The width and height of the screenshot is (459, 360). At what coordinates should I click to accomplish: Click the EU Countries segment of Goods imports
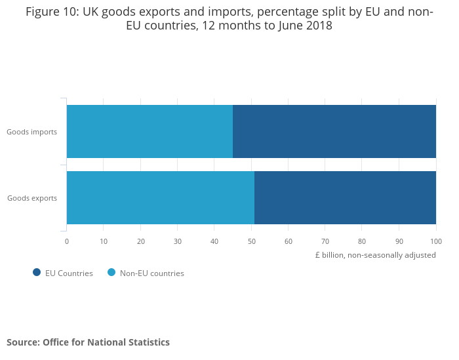(x=334, y=131)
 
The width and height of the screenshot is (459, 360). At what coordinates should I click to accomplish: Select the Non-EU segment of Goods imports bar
(x=150, y=131)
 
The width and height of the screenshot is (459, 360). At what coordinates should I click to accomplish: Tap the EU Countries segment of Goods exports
(x=345, y=197)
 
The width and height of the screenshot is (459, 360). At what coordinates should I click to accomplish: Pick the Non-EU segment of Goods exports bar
(x=161, y=197)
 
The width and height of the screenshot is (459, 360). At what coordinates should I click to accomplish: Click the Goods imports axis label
(x=31, y=132)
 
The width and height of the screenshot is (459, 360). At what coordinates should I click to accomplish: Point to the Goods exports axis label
(x=31, y=198)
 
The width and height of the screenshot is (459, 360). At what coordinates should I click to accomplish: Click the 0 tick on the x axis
(x=67, y=241)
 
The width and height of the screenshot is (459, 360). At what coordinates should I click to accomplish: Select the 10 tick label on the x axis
(x=104, y=241)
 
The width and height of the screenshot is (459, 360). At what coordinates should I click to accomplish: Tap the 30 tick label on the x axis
(x=178, y=241)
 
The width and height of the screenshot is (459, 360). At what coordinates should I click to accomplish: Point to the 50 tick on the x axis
(x=251, y=241)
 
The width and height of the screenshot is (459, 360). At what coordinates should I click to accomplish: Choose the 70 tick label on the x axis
(x=325, y=241)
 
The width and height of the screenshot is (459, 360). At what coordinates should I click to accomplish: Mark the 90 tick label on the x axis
(x=399, y=241)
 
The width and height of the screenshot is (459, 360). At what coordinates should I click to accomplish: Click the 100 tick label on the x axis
(x=436, y=241)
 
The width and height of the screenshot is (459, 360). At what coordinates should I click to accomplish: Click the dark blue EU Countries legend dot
(x=37, y=273)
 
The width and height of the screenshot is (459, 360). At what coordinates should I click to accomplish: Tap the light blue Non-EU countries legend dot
(x=111, y=273)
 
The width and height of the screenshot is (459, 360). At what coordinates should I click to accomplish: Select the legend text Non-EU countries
(x=151, y=273)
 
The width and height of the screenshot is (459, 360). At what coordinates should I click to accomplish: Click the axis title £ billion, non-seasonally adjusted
(x=375, y=255)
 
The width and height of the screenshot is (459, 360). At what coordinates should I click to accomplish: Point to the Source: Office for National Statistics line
(x=88, y=342)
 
